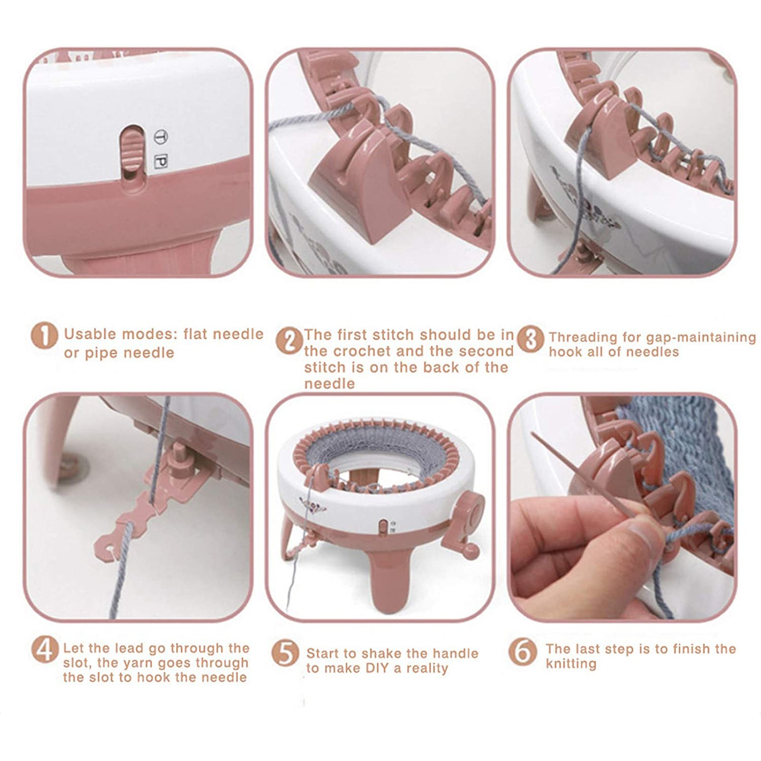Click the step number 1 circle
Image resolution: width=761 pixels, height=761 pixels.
click(44, 336)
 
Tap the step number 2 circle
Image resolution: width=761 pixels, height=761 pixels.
click(289, 341)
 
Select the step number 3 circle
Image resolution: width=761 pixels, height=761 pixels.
click(530, 340)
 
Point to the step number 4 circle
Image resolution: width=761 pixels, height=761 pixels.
click(45, 650)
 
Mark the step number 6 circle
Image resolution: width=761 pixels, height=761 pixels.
click(522, 652)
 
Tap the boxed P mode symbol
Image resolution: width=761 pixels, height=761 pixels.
click(161, 162)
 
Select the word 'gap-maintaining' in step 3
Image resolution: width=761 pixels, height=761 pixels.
click(701, 338)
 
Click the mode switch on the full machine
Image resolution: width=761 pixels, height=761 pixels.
click(383, 527)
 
